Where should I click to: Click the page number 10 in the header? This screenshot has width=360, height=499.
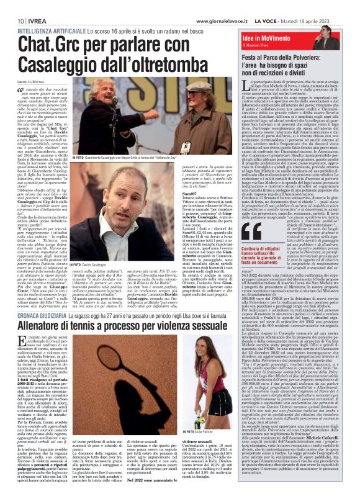point(12,6)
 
